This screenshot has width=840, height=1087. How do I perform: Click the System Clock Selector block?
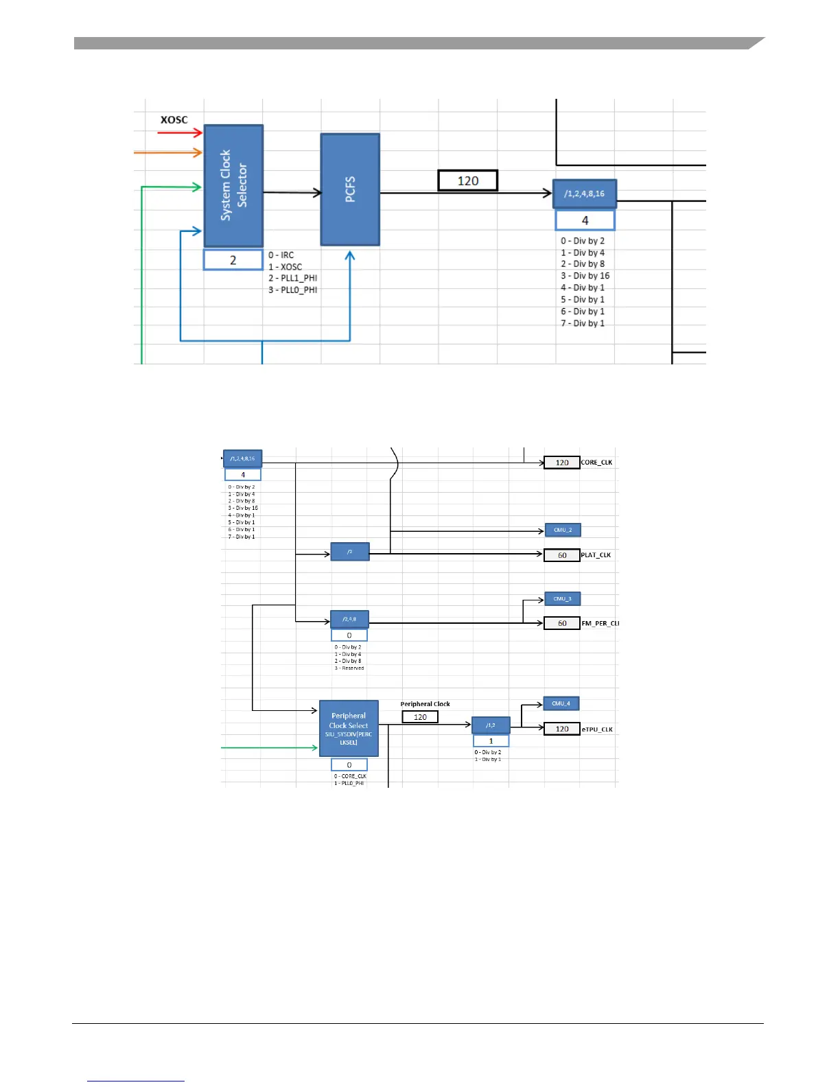tap(233, 185)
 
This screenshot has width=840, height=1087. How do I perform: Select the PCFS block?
tap(350, 189)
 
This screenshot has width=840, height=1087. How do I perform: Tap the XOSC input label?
tap(174, 119)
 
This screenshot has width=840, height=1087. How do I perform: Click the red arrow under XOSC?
tap(180, 132)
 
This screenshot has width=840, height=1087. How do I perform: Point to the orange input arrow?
tap(168, 152)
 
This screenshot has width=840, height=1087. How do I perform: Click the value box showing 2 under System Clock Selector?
tap(233, 260)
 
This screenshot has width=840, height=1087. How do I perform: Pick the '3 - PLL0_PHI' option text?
tap(293, 290)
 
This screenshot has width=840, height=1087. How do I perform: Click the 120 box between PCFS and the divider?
tap(468, 180)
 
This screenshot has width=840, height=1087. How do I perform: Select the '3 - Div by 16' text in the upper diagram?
tap(585, 276)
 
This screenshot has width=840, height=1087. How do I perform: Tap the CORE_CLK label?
tap(596, 463)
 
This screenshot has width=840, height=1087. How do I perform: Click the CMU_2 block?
tap(563, 530)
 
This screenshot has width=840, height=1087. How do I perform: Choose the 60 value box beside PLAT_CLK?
tap(562, 555)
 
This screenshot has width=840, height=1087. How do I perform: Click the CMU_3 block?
tap(563, 599)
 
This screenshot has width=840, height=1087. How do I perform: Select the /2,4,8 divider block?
tap(349, 619)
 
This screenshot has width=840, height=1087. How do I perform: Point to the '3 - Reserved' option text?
tap(349, 668)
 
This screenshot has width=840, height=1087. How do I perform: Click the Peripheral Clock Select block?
tap(349, 728)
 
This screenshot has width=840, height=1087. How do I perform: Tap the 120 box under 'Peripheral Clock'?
tap(420, 717)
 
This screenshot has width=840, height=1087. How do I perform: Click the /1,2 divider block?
tap(491, 725)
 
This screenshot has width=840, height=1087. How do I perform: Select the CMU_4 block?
tap(561, 703)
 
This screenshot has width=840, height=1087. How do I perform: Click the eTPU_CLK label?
tap(597, 729)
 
